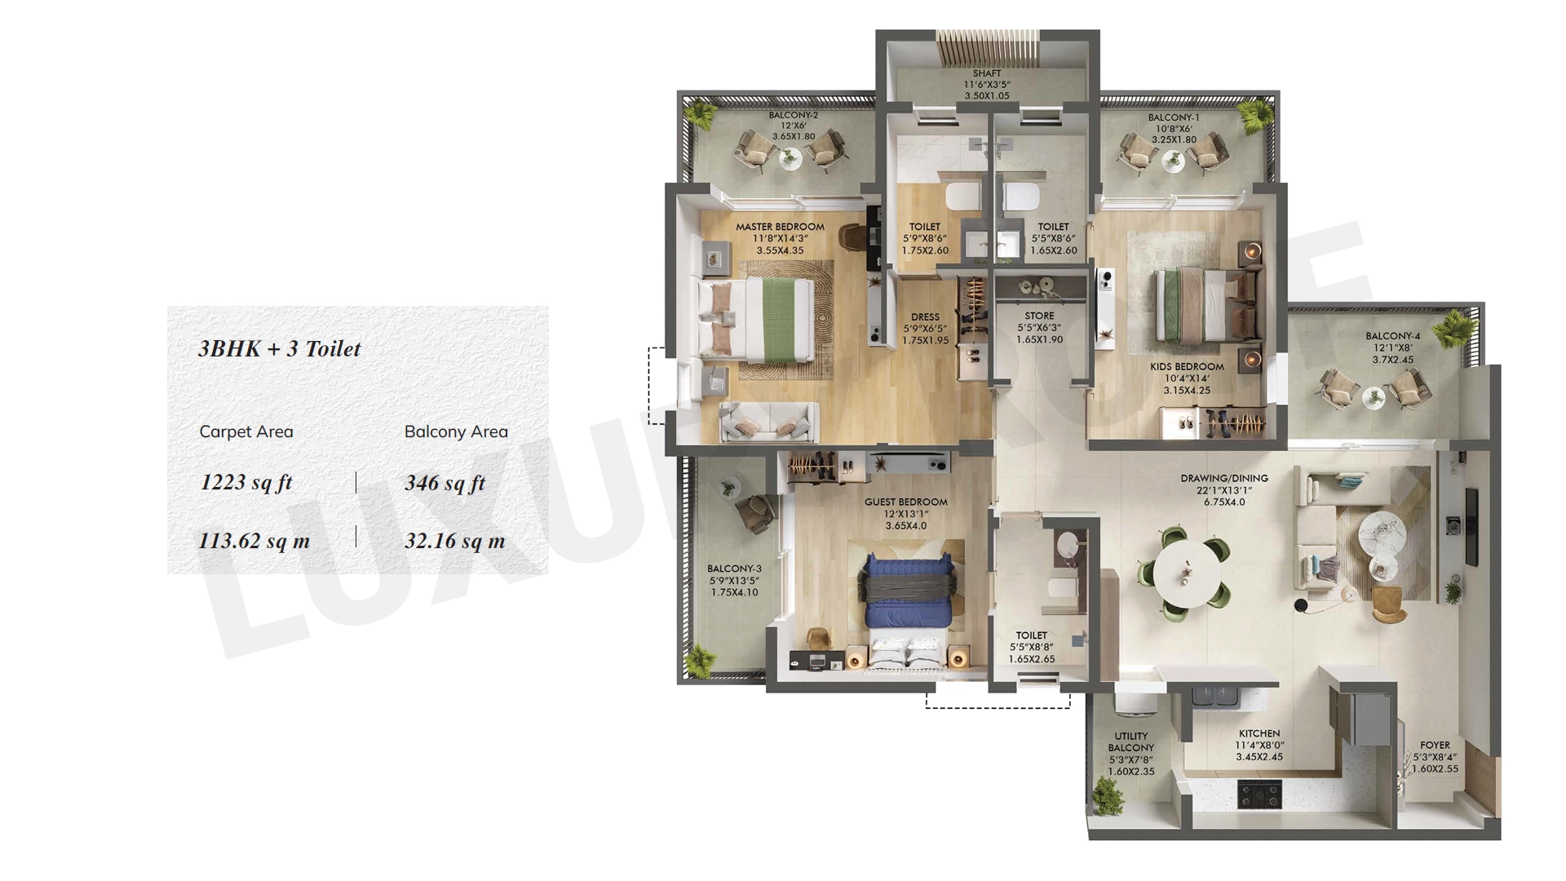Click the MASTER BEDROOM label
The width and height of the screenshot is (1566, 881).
point(780,227)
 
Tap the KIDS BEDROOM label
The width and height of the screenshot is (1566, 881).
point(1187,367)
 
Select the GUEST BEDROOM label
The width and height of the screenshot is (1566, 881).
point(906,502)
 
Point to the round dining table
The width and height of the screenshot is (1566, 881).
point(1187,569)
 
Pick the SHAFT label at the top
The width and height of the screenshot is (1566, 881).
point(987,73)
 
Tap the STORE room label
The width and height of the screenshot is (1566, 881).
point(1040,316)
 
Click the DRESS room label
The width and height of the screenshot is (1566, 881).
point(926,317)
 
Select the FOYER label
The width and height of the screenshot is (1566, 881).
point(1435,746)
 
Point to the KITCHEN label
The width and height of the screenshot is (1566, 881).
point(1259,734)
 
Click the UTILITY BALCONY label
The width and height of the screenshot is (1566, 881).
point(1131,742)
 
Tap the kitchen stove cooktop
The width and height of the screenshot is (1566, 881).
point(1260,793)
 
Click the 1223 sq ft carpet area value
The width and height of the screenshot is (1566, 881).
point(246,482)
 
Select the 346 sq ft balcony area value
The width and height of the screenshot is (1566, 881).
point(445,483)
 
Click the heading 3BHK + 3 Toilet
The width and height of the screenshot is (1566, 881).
point(280,349)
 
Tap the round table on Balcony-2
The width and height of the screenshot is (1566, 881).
point(789,160)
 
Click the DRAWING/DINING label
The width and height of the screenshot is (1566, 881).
point(1224,479)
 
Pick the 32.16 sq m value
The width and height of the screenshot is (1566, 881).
point(455,541)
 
